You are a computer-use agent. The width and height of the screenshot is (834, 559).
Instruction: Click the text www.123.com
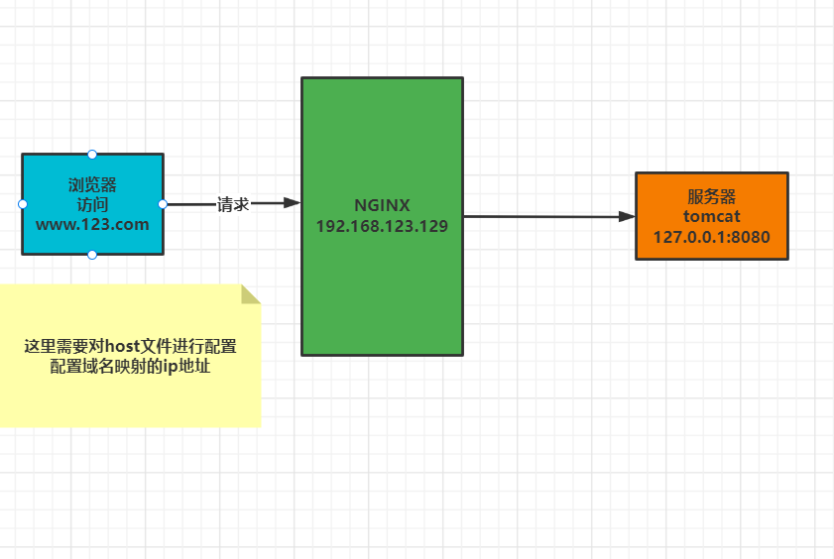[92, 224]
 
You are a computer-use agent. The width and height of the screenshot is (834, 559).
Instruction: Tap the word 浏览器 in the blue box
[92, 184]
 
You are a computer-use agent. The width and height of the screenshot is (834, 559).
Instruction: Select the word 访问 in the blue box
[92, 204]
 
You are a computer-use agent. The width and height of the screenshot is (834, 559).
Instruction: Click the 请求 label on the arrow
[233, 204]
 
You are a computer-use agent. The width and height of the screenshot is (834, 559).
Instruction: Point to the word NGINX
[382, 205]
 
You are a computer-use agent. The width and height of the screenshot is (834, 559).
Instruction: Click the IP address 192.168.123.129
[382, 226]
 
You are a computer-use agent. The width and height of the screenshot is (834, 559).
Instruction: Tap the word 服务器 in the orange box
[711, 196]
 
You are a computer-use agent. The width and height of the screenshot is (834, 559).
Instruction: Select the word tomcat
[711, 216]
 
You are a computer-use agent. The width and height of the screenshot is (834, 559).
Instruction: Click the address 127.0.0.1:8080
[711, 237]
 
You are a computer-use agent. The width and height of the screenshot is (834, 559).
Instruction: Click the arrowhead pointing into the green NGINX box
[292, 202]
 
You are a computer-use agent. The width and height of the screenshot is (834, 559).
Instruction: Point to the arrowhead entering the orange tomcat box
[626, 216]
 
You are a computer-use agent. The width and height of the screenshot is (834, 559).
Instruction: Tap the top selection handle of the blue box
[92, 154]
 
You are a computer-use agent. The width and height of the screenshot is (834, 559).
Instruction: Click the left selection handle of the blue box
[22, 204]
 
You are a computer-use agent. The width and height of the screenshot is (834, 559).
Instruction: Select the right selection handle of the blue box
[163, 204]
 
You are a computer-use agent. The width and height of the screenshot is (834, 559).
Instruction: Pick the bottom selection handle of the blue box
[92, 255]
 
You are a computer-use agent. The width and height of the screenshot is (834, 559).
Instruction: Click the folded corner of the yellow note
[250, 294]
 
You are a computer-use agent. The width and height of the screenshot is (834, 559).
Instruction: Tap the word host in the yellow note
[122, 347]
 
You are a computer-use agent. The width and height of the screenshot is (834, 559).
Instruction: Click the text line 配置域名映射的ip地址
[130, 367]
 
